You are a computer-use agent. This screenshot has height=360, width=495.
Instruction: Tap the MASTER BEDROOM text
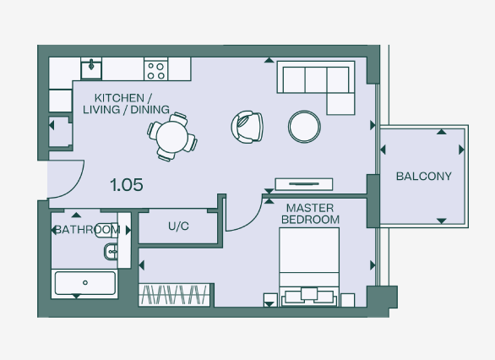pyautogui.click(x=313, y=214)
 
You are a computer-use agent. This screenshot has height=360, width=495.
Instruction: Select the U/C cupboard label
pyautogui.click(x=177, y=226)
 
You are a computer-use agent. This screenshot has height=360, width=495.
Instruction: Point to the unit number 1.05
pyautogui.click(x=127, y=184)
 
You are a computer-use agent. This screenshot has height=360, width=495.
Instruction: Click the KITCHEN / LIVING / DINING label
pyautogui.click(x=132, y=103)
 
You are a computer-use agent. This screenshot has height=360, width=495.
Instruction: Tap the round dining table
pyautogui.click(x=171, y=135)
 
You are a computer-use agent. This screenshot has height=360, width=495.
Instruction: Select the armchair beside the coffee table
pyautogui.click(x=247, y=127)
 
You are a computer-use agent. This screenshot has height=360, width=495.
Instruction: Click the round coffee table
pyautogui.click(x=304, y=127)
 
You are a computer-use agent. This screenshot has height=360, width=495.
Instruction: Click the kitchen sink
pyautogui.click(x=90, y=68)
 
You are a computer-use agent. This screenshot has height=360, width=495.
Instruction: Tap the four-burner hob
pyautogui.click(x=155, y=68)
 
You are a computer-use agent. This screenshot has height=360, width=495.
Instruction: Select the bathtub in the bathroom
pyautogui.click(x=84, y=282)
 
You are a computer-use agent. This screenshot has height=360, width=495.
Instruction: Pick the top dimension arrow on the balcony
pyautogui.click(x=440, y=132)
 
